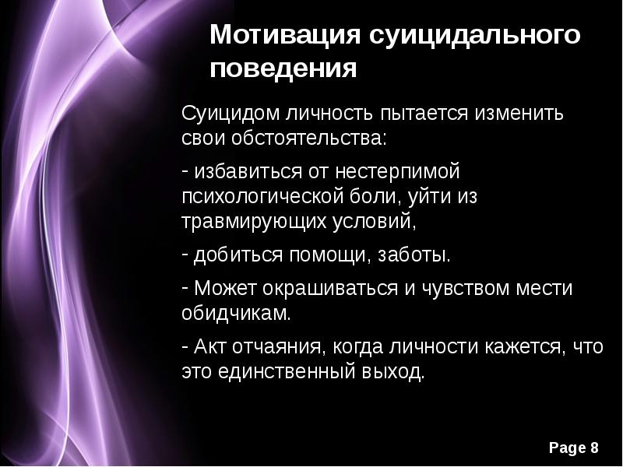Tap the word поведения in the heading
point(283,69)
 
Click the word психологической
point(260,196)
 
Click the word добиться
point(238,255)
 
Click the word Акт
point(207,346)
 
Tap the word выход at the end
point(396,372)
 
